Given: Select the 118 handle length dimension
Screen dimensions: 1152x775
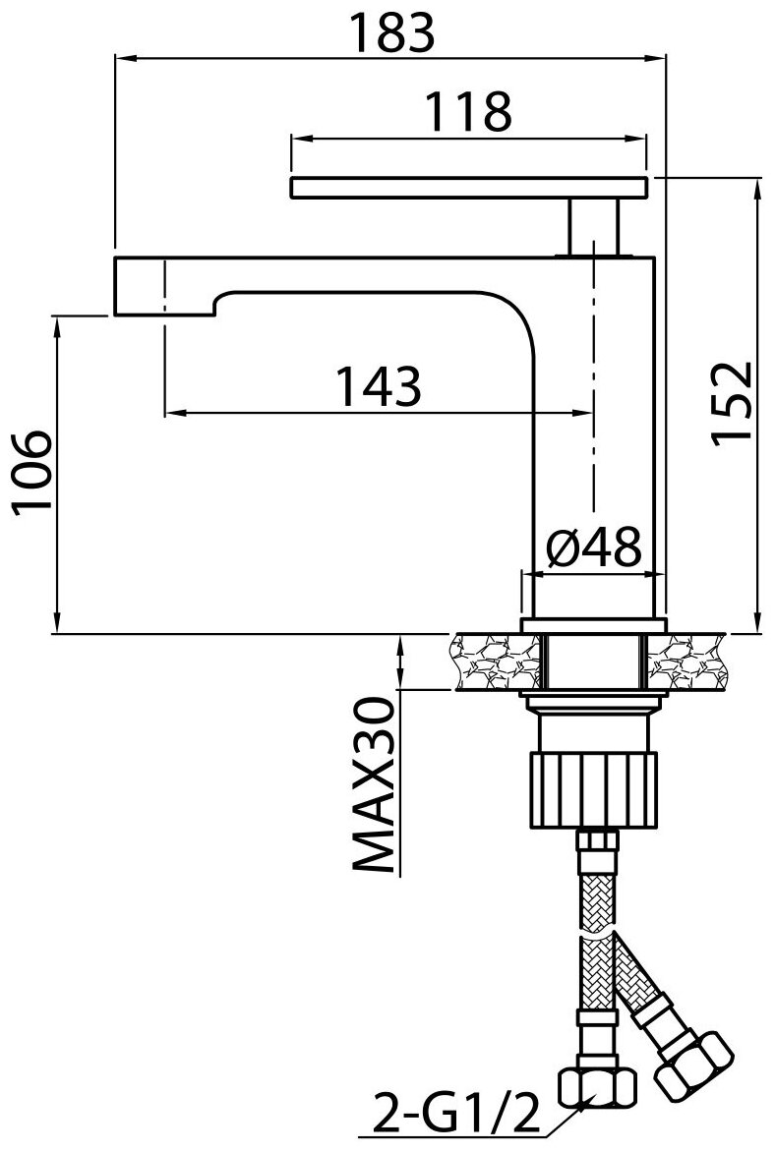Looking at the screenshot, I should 469,113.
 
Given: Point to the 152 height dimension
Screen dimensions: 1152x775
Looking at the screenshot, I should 732,403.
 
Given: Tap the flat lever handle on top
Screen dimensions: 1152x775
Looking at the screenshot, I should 469,187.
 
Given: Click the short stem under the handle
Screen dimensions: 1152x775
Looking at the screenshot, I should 595,225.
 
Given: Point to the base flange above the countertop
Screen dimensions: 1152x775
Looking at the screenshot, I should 593,625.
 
